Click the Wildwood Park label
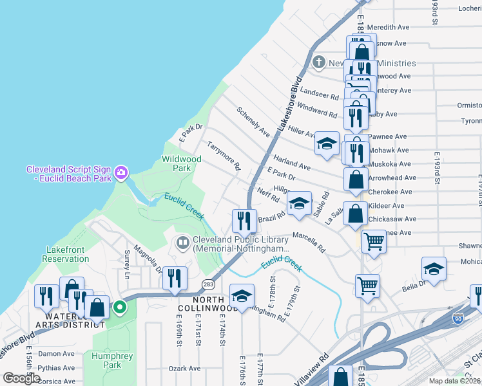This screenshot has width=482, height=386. (181, 163)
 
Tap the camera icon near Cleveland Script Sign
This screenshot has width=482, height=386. (121, 172)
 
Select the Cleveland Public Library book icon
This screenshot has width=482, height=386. (183, 243)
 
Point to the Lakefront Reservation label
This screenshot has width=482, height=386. (68, 254)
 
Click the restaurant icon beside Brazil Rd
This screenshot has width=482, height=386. (244, 221)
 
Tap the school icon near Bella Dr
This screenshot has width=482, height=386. (434, 270)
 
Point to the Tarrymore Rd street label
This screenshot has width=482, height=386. (224, 156)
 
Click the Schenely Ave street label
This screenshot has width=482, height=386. (253, 122)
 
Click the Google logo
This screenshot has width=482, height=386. (21, 378)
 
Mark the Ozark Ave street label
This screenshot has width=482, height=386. (185, 369)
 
